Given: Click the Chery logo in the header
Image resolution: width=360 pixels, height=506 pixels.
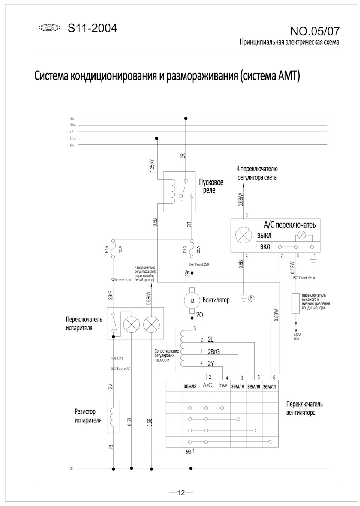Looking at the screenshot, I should click(x=49, y=28).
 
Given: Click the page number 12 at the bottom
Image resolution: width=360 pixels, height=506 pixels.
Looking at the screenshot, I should click(x=181, y=493).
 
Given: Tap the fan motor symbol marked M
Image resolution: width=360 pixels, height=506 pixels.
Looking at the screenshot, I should click(x=193, y=300).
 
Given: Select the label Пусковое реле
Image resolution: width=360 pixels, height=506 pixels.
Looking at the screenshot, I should click(x=211, y=186).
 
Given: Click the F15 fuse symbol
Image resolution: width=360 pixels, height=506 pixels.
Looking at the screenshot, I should click(x=112, y=249).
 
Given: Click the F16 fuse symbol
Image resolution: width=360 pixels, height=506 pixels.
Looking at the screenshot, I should click(x=192, y=249).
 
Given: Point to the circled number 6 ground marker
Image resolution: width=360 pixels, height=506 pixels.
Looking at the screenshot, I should click(x=251, y=299).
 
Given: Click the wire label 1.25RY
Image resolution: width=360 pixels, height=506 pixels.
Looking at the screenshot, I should click(x=152, y=166).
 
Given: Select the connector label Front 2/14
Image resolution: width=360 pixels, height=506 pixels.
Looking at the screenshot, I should click(x=307, y=278).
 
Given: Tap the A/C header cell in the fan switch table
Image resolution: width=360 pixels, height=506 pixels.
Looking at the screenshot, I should click(x=207, y=386).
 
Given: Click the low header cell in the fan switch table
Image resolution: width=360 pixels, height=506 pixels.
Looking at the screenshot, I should click(x=223, y=386).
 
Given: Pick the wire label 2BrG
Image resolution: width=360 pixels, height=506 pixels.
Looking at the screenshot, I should click(x=214, y=352).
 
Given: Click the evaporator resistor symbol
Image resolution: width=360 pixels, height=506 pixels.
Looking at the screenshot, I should click(x=113, y=417).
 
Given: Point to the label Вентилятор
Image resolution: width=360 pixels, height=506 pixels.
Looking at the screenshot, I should click(x=216, y=300).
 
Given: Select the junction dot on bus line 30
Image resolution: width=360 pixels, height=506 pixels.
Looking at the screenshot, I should click(x=185, y=119).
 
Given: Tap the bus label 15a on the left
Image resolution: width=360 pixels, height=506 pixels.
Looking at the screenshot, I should click(x=72, y=138).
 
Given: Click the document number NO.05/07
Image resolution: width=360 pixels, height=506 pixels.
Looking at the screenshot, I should click(x=315, y=31).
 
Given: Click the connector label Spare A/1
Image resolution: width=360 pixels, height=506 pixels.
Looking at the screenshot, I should click(x=124, y=369).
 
